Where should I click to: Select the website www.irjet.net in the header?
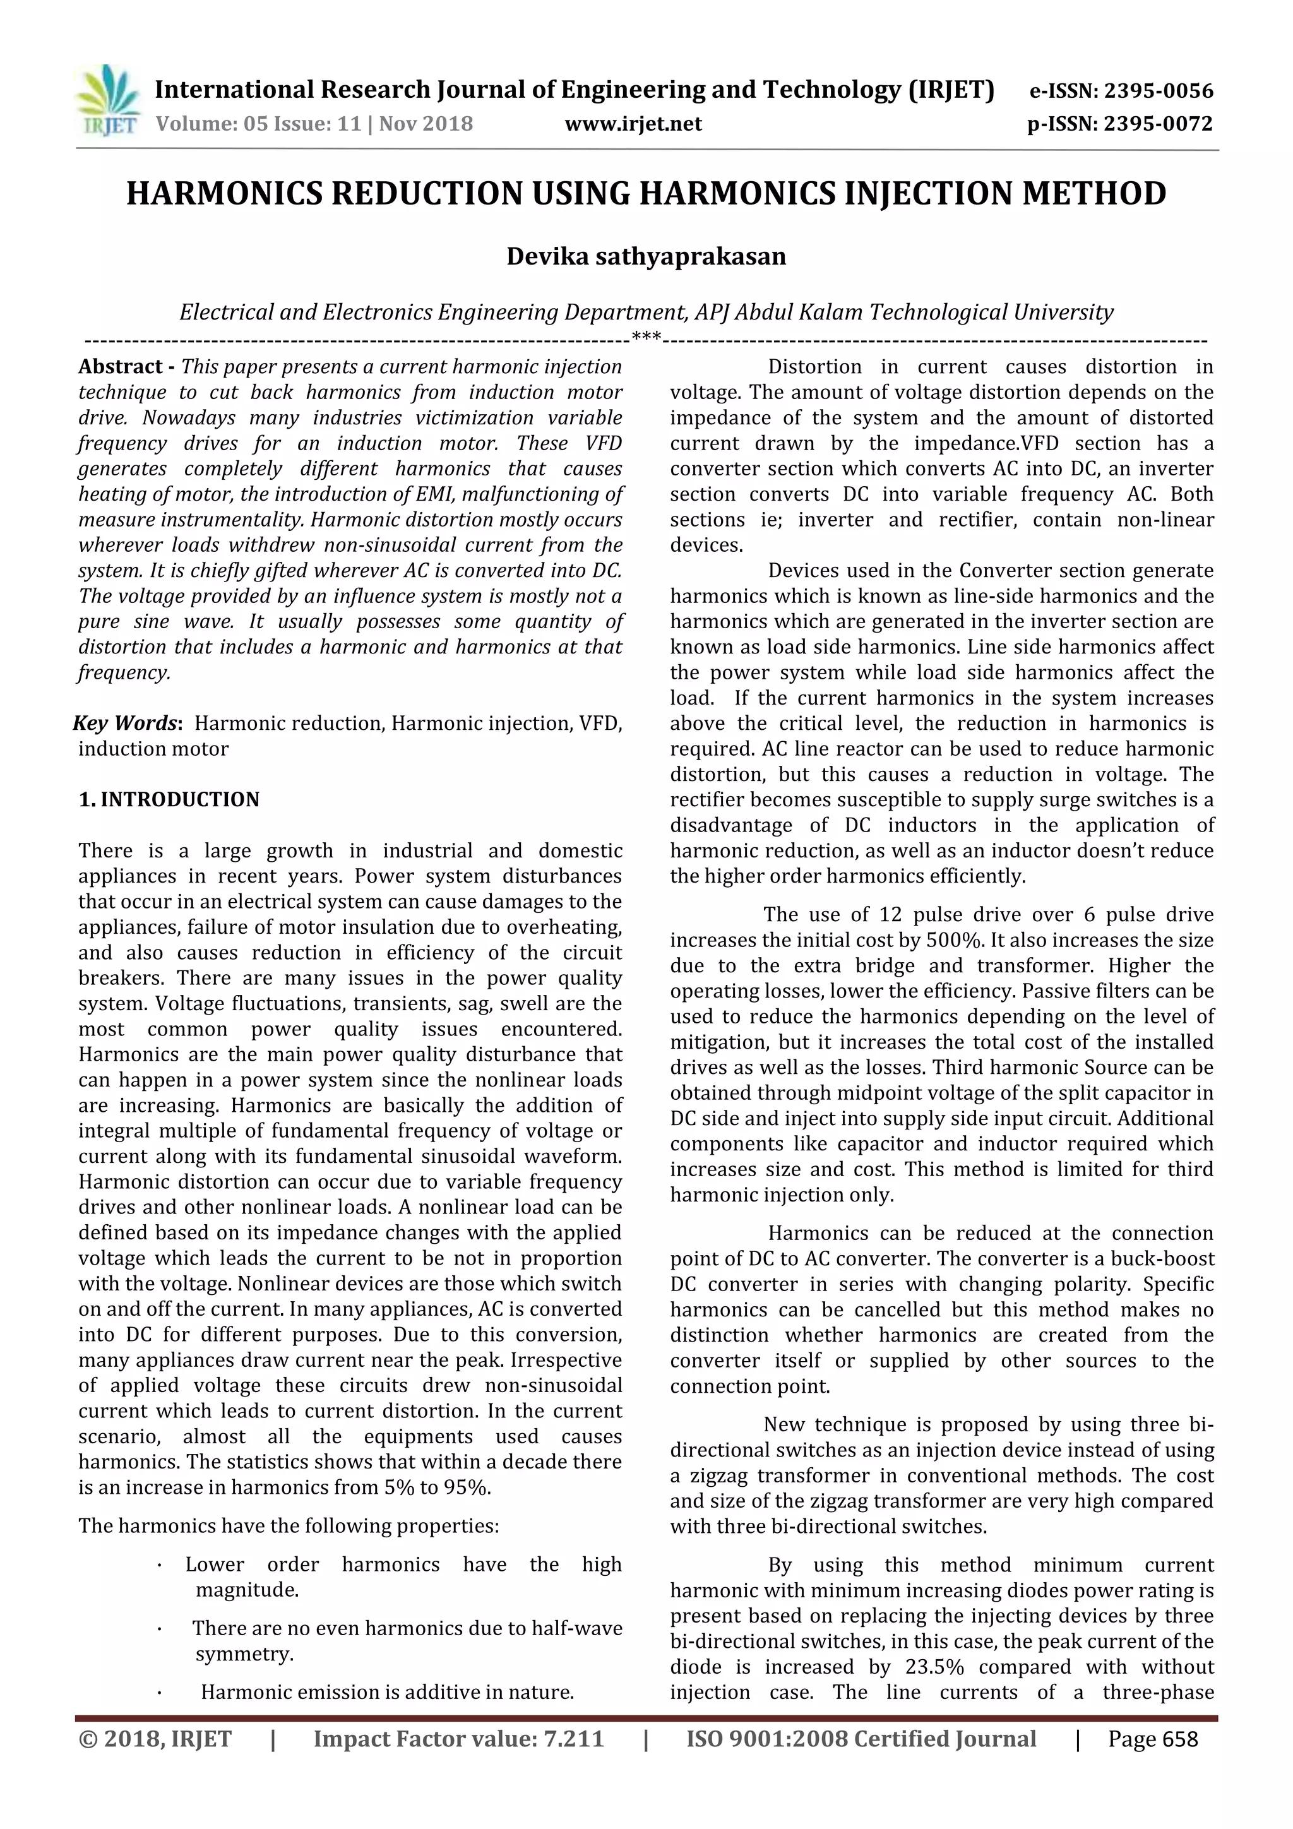click(x=633, y=124)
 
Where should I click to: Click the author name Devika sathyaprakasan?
click(x=646, y=256)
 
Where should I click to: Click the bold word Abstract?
click(x=119, y=367)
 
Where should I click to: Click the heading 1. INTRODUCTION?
click(x=169, y=800)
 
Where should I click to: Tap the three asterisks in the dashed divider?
click(x=646, y=338)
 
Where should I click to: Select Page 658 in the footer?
click(x=1153, y=1738)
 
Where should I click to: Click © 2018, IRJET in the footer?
click(x=155, y=1738)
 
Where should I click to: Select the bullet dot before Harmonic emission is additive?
click(x=160, y=1692)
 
